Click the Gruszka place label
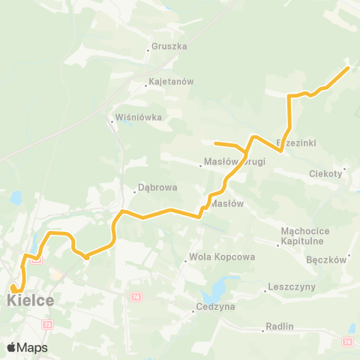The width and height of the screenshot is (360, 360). (x=168, y=46)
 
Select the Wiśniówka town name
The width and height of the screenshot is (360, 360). (x=138, y=118)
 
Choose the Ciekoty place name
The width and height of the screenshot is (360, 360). (x=326, y=174)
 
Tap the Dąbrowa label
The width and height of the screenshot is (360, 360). (x=158, y=190)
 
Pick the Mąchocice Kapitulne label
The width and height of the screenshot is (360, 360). (x=301, y=236)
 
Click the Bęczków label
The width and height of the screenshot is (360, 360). (x=326, y=260)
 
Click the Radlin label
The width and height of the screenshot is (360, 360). (x=279, y=327)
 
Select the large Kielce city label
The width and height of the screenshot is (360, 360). (x=30, y=301)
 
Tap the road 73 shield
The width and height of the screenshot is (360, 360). (x=48, y=325)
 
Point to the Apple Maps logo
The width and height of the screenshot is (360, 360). (x=27, y=347)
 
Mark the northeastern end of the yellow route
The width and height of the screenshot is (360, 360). (x=348, y=68)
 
